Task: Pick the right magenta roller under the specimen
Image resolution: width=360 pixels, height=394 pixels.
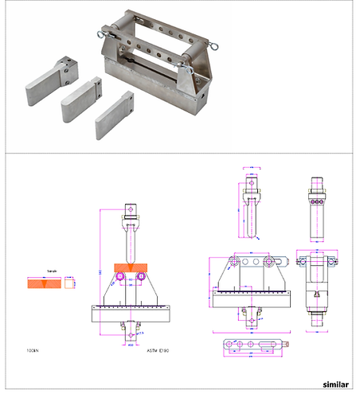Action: click(x=141, y=275)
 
